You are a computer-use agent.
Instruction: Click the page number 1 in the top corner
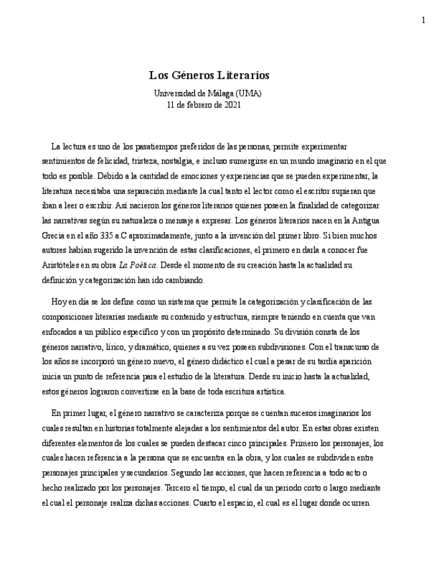[x=423, y=20]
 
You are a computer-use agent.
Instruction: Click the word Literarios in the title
[x=239, y=76]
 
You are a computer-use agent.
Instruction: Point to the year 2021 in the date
[x=232, y=105]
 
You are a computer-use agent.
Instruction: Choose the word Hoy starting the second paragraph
[x=59, y=302]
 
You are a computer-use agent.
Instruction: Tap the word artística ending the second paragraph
[x=268, y=391]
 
